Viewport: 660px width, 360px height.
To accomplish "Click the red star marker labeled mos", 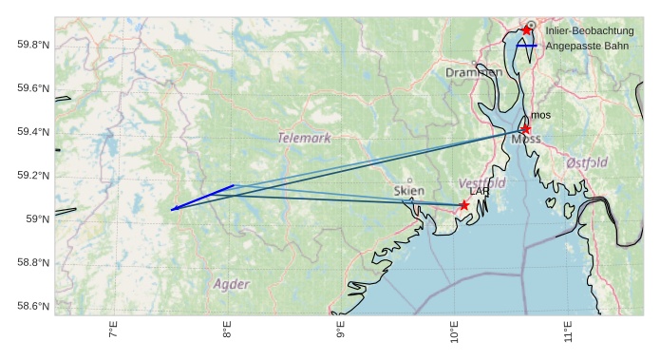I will (526, 129).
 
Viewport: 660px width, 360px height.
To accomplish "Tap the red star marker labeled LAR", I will (464, 205).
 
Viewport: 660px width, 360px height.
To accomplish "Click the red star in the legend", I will (527, 30).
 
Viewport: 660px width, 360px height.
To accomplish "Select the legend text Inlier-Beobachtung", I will (589, 31).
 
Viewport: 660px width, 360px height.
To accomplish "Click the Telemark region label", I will (305, 138).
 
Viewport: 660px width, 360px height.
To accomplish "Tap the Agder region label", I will (232, 284).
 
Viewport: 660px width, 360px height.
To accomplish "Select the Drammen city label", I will (474, 72).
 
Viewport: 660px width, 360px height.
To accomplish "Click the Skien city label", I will (408, 190).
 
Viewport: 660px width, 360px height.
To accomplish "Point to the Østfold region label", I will (587, 162).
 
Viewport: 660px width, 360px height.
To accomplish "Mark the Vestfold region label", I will (481, 182).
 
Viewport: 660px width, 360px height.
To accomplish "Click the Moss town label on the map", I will (526, 140).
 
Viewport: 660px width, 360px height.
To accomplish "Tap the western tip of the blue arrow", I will (171, 210).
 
